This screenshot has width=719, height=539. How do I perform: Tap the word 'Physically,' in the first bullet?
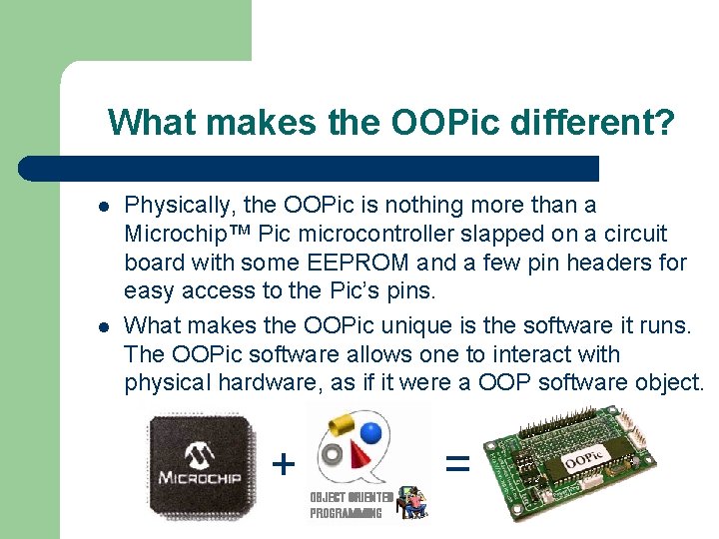(180, 206)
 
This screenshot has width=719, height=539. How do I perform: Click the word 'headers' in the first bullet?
(650, 264)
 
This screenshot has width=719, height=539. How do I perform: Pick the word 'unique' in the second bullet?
(384, 325)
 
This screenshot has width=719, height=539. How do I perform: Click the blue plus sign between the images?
(285, 463)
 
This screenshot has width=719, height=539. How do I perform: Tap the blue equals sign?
(456, 462)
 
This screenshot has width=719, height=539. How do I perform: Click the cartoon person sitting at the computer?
(409, 502)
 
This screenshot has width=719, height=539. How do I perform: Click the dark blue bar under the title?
(310, 168)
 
